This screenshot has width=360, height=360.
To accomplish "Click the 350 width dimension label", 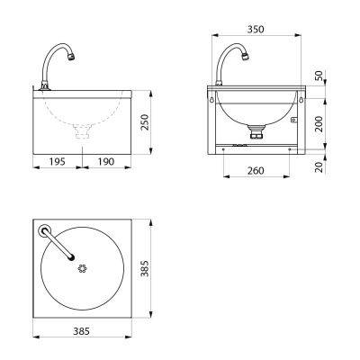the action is point(256,30).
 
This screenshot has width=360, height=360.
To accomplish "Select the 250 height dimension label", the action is point(145,121).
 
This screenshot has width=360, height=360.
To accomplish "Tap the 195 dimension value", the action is point(57,162).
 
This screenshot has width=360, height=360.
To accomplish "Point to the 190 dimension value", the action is point(106,162).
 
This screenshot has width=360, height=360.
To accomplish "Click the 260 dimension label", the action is point(256,171).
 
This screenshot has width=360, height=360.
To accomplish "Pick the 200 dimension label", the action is point(319,124).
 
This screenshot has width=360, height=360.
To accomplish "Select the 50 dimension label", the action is point(319,76).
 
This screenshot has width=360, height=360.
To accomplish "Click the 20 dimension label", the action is point(319,167).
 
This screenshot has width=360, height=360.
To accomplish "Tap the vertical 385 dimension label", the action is point(145,268).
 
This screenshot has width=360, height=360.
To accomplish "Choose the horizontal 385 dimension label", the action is point(81,331).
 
